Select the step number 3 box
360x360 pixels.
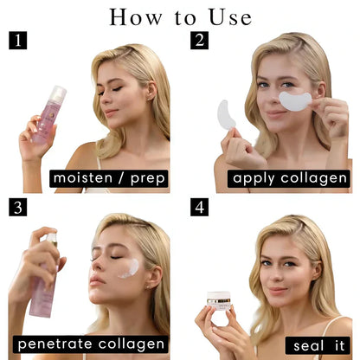[x=17, y=208]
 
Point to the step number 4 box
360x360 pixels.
[x=199, y=208]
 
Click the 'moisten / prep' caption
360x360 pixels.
[x=109, y=178]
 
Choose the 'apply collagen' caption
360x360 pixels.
[x=290, y=178]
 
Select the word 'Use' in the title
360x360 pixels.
[x=228, y=16]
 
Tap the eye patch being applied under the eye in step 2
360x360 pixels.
[x=294, y=100]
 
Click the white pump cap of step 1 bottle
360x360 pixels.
[x=58, y=92]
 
